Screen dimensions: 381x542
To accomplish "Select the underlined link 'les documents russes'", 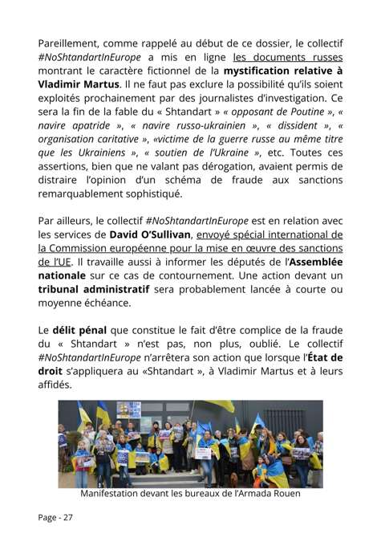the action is tap(288, 57).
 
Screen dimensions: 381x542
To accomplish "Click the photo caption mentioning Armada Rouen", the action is tap(190, 493).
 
